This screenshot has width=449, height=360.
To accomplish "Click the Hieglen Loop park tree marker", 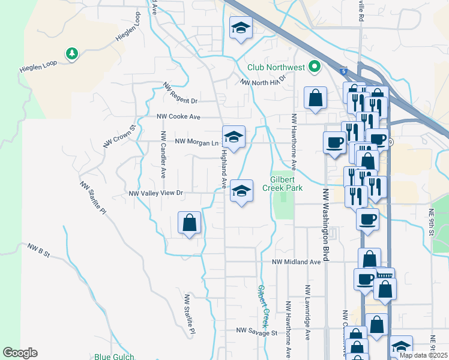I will [72, 54].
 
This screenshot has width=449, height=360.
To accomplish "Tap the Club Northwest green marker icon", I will [314, 67].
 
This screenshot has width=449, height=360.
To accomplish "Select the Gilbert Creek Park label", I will [282, 183].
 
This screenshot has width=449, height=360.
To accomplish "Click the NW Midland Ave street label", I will [297, 262].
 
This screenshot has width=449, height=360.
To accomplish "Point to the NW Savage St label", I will [256, 331].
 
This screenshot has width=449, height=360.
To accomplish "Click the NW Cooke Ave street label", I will [178, 117].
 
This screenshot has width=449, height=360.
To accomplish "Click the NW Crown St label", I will [121, 136].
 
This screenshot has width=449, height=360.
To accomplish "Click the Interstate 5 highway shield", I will [343, 71].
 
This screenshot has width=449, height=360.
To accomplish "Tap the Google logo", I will [20, 353].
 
